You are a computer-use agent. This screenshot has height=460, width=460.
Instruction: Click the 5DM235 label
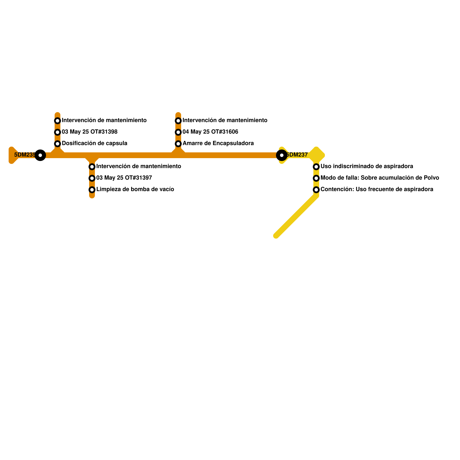pos(24,155)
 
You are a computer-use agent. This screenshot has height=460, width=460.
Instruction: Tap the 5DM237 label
pos(297,155)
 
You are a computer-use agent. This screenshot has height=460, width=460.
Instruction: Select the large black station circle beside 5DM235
pos(40,155)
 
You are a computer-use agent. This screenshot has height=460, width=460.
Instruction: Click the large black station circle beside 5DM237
pos(281,155)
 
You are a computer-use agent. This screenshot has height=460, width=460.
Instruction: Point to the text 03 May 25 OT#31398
pos(89,132)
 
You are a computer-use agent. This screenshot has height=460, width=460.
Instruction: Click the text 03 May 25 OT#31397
pos(124,178)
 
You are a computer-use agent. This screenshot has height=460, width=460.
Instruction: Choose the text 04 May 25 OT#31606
pos(210,132)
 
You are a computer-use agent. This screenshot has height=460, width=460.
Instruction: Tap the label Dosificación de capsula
pos(94,143)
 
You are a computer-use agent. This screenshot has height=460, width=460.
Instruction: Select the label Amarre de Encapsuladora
pos(218,143)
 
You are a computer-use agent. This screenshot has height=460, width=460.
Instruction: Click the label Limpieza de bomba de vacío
pos(135,189)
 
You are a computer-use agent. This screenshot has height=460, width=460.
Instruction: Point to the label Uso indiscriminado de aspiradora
pos(367,166)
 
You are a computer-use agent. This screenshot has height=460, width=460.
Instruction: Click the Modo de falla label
pos(379,178)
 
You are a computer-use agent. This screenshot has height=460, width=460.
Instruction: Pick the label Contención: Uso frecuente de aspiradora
pos(377,189)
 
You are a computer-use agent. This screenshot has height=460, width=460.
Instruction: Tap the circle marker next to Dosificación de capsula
pos(57,143)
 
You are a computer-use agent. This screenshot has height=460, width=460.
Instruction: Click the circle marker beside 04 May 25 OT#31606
pos(178,132)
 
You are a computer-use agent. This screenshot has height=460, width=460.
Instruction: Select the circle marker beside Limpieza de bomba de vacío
pos(92,190)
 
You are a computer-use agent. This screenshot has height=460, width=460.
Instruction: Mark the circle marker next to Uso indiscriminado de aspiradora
pos(316,167)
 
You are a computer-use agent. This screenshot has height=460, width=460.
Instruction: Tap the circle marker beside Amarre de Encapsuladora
pos(178,143)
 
